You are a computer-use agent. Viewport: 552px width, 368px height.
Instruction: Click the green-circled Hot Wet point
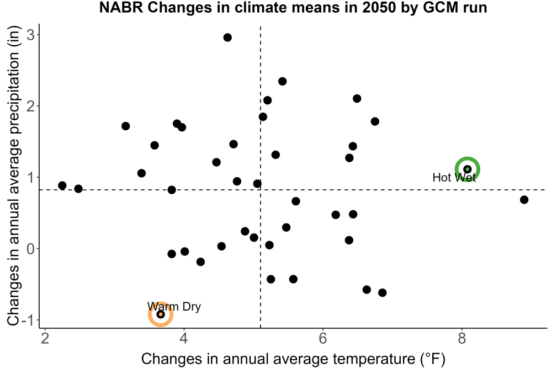click(x=467, y=169)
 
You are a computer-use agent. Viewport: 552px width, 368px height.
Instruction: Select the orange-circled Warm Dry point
click(x=161, y=314)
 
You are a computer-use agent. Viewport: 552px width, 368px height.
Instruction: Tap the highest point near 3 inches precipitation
click(x=227, y=38)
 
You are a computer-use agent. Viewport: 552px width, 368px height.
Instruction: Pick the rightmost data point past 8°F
click(x=524, y=200)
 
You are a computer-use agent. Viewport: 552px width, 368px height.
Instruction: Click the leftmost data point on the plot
click(x=62, y=185)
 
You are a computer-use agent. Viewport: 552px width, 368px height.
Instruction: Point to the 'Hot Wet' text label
click(x=454, y=177)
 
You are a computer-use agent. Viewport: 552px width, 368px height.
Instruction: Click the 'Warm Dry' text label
click(x=174, y=306)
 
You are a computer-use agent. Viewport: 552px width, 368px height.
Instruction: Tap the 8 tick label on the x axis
click(x=461, y=338)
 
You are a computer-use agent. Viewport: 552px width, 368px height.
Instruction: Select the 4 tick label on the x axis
click(x=184, y=338)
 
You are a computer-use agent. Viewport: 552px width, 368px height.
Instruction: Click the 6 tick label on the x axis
click(x=323, y=338)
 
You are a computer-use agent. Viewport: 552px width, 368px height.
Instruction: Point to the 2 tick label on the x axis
click(x=45, y=338)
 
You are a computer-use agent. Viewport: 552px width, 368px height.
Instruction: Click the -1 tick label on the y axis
click(x=28, y=320)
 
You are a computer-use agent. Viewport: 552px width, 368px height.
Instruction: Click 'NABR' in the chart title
click(x=121, y=7)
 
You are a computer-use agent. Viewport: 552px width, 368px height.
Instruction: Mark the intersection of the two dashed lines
click(x=261, y=190)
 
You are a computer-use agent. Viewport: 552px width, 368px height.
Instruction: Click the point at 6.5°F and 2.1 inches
click(x=357, y=99)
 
